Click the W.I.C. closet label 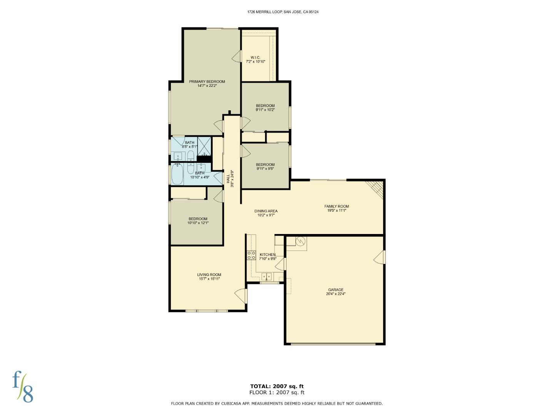(255, 60)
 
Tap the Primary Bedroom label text (207, 83)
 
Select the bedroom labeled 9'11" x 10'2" (265, 108)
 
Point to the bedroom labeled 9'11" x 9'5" (265, 166)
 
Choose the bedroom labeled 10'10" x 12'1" (198, 221)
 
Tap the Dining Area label (266, 213)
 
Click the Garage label (335, 292)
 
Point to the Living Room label (209, 277)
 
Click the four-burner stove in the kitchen (251, 255)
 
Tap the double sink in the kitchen (267, 276)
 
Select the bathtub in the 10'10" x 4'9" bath (177, 174)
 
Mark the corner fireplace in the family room (376, 188)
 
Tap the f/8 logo (23, 387)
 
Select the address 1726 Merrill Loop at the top (282, 12)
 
